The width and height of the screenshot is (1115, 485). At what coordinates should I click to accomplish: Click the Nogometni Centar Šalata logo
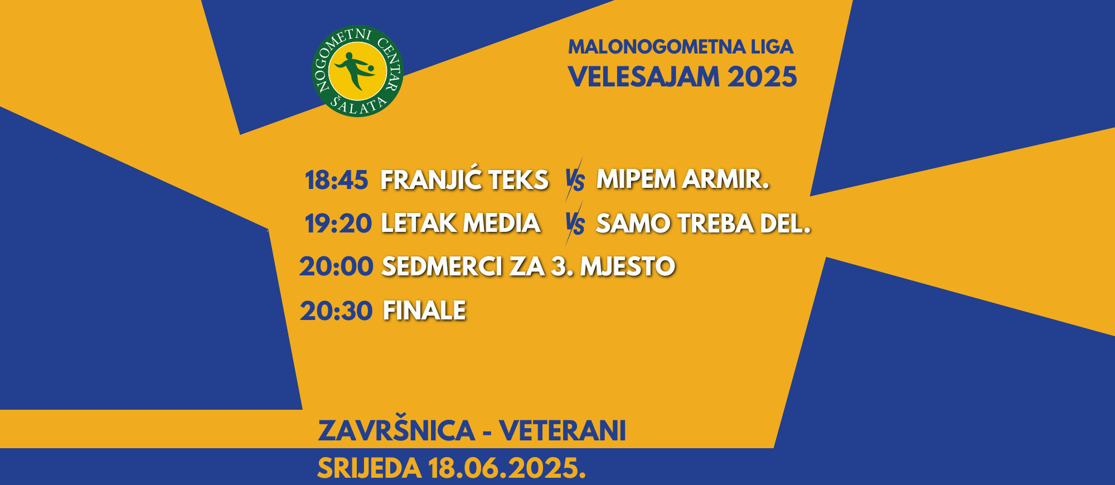[357, 71]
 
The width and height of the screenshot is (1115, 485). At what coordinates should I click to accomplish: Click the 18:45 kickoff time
[336, 180]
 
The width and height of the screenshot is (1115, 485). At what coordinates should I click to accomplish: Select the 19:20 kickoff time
[338, 224]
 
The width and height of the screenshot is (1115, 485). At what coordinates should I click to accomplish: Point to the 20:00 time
[336, 266]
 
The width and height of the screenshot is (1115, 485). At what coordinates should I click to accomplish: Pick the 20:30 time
[336, 311]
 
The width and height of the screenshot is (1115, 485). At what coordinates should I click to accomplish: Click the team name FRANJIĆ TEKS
[464, 180]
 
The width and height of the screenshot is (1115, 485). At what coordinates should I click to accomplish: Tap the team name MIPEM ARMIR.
[683, 179]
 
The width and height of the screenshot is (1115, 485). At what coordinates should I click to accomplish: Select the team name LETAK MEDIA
[460, 223]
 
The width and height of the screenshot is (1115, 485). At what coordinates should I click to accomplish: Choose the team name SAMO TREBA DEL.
[704, 224]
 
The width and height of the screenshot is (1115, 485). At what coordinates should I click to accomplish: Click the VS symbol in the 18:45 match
[574, 180]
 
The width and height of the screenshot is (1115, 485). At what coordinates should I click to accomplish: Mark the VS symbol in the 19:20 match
[574, 224]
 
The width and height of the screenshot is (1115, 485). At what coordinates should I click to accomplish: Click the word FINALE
[424, 311]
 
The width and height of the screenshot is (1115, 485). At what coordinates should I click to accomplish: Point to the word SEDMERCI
[442, 266]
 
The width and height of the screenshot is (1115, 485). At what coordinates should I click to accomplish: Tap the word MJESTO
[628, 266]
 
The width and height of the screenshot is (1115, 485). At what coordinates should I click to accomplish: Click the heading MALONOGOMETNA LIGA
[681, 47]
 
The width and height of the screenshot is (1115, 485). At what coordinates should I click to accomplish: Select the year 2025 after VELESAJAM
[762, 77]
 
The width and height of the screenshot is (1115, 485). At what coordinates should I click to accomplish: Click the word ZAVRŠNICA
[396, 430]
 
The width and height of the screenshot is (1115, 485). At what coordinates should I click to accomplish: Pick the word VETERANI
[563, 431]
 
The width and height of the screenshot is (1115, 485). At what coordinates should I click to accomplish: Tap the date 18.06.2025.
[507, 468]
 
